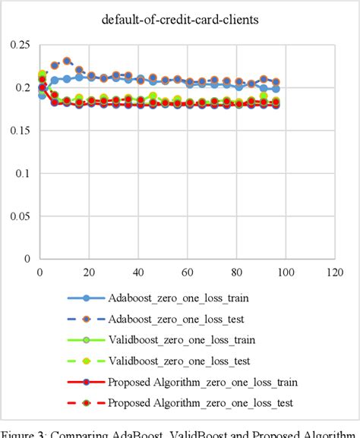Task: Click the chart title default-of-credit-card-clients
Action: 179,20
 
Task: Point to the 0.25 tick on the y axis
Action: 17,46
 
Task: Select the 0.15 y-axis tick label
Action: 17,131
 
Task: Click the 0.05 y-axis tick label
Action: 17,216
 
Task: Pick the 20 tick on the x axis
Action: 89,270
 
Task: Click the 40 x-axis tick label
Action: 138,270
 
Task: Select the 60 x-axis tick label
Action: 187,270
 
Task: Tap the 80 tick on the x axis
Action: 236,270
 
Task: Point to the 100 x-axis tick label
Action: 285,270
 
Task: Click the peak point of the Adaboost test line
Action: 67,61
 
